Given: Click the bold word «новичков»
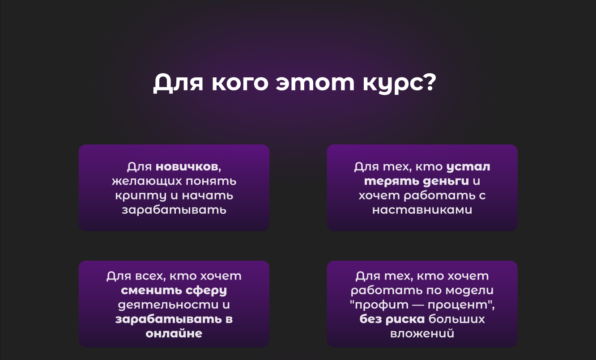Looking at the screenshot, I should pos(187,167).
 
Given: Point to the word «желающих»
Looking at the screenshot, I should pos(145,182).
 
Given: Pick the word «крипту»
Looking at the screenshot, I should pos(134,196).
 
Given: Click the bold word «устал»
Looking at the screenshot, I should pos(468,167).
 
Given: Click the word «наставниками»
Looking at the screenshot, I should pos(422,210).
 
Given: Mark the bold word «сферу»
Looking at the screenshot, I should pos(206,291).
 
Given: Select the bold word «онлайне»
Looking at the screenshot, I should pos(174,334).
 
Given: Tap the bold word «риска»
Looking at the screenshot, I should pos(405,319).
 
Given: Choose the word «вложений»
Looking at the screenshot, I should pos(422,334).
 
